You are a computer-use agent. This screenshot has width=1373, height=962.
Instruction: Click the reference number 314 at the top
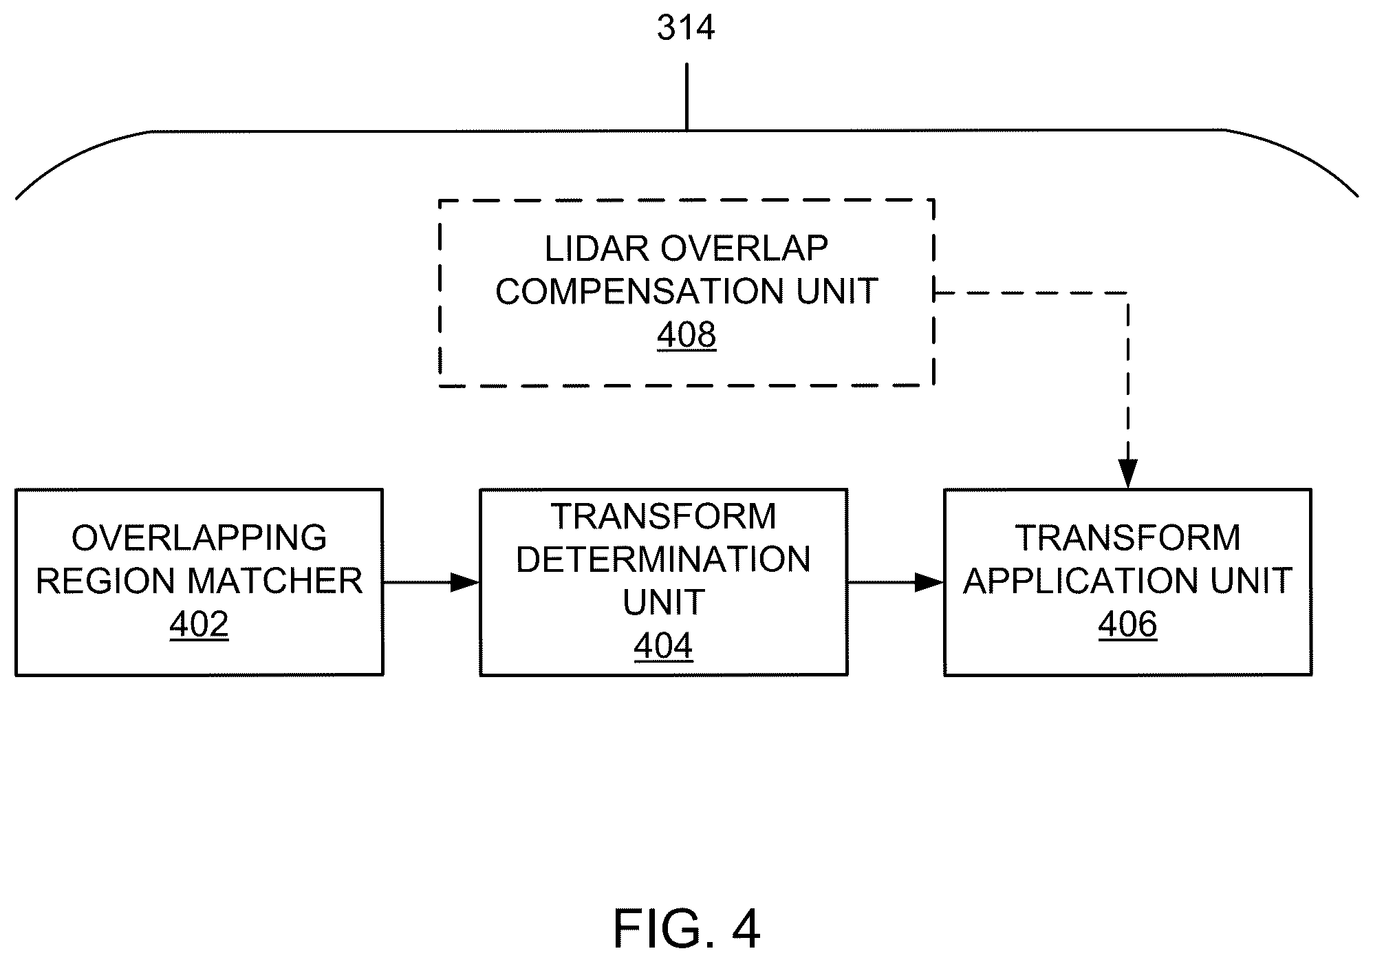[x=686, y=28]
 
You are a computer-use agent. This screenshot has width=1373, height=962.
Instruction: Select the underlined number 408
[x=686, y=335]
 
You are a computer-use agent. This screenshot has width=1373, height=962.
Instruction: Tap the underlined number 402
[x=199, y=625]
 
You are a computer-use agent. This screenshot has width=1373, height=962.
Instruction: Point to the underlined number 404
[x=663, y=646]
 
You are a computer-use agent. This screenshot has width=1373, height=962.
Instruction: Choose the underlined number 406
[x=1127, y=625]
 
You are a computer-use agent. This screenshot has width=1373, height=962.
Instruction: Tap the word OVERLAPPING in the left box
[x=199, y=538]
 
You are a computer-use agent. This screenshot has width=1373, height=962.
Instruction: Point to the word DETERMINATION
[x=663, y=559]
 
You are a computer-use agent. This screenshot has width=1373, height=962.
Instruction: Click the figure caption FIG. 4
[x=686, y=929]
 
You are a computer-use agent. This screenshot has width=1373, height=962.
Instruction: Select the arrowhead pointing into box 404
[x=465, y=583]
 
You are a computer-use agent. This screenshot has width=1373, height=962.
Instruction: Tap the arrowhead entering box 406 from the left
[x=929, y=583]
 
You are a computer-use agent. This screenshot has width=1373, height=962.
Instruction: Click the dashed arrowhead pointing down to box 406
[x=1128, y=474]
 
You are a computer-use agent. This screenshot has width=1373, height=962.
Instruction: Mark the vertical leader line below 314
[x=686, y=97]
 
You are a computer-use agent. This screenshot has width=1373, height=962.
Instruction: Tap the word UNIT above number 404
[x=663, y=603]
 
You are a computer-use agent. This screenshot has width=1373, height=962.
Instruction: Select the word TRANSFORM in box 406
[x=1128, y=538]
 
